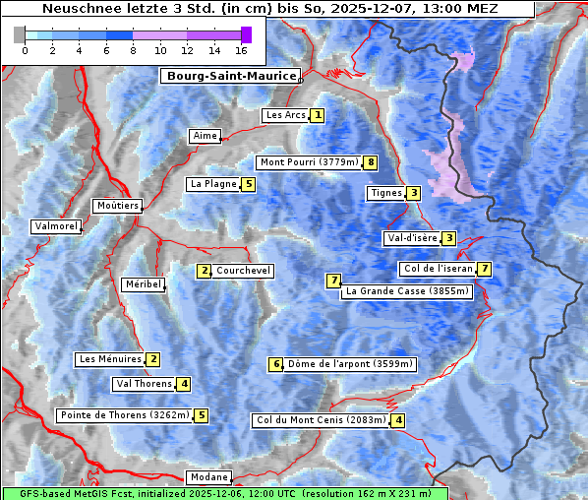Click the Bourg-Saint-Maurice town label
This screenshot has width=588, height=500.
click(x=230, y=76)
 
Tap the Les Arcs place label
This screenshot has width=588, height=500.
click(x=285, y=115)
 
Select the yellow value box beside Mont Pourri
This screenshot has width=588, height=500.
click(x=370, y=162)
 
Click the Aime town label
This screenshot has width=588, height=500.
click(x=206, y=136)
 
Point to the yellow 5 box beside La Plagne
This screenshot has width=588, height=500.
click(x=249, y=184)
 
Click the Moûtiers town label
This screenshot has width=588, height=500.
click(x=117, y=206)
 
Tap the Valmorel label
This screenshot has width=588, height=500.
click(x=55, y=226)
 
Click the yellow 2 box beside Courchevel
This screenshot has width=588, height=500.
click(x=205, y=271)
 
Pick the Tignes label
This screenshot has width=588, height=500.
click(x=385, y=193)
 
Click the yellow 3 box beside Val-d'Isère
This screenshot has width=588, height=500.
click(x=448, y=238)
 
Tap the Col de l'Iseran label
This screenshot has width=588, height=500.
click(x=438, y=269)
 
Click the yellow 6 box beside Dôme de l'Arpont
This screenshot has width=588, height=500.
click(x=276, y=364)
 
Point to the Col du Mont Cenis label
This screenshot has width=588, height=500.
click(x=320, y=420)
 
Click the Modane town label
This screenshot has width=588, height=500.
click(x=208, y=477)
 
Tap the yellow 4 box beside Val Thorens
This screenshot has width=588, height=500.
click(x=184, y=384)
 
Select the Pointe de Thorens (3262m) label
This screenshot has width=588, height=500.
click(x=124, y=415)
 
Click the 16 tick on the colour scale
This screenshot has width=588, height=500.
click(x=240, y=50)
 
